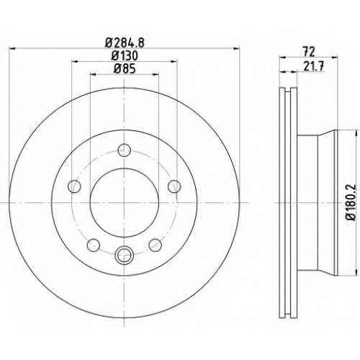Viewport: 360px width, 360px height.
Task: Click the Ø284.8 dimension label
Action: click(125, 43)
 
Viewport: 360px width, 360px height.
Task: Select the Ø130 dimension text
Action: click(125, 56)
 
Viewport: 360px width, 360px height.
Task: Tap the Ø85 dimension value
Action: click(125, 69)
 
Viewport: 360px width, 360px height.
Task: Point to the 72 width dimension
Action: click(309, 52)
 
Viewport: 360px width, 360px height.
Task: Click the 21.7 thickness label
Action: click(314, 66)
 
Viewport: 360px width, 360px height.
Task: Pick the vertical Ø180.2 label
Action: click(351, 202)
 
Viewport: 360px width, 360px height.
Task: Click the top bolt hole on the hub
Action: click(125, 150)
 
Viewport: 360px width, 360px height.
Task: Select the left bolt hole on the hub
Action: click(74, 186)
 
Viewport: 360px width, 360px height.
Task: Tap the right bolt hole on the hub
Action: click(174, 186)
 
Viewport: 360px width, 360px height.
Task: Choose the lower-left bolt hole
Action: click(94, 245)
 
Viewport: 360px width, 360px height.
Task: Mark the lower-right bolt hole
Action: click(156, 245)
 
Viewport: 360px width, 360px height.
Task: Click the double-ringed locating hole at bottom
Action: click(125, 256)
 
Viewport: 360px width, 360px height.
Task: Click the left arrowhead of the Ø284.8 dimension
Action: click(12, 49)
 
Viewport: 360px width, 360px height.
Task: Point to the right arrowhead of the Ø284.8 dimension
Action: click(237, 49)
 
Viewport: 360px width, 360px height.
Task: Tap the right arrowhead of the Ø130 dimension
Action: click(174, 62)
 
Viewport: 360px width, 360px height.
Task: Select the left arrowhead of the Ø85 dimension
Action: click(93, 74)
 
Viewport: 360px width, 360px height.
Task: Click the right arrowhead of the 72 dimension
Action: click(335, 57)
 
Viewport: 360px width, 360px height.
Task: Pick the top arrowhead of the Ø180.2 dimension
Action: click(356, 133)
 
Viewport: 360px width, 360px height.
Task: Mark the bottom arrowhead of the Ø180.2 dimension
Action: click(356, 272)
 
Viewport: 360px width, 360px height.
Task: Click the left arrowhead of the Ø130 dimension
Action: click(75, 62)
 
